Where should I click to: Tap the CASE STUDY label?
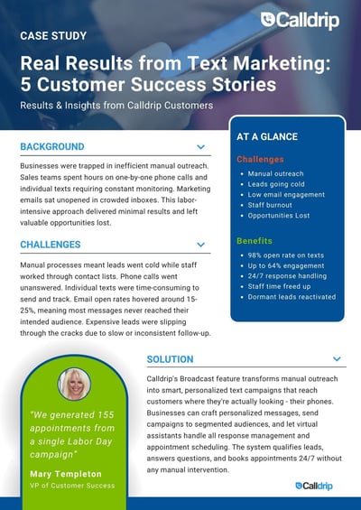tap(53, 36)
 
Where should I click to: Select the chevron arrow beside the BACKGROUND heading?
tap(200, 146)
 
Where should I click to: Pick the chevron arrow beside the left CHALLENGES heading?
tap(200, 245)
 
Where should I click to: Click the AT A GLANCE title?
tap(268, 138)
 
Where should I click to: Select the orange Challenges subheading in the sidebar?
tap(260, 160)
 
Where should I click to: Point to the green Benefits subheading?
tap(255, 241)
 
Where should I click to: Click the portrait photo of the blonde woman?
tap(73, 384)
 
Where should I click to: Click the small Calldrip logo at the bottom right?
tap(312, 485)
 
